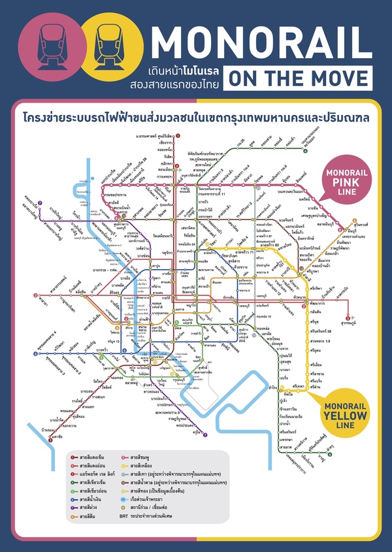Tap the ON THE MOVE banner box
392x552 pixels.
point(298,79)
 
